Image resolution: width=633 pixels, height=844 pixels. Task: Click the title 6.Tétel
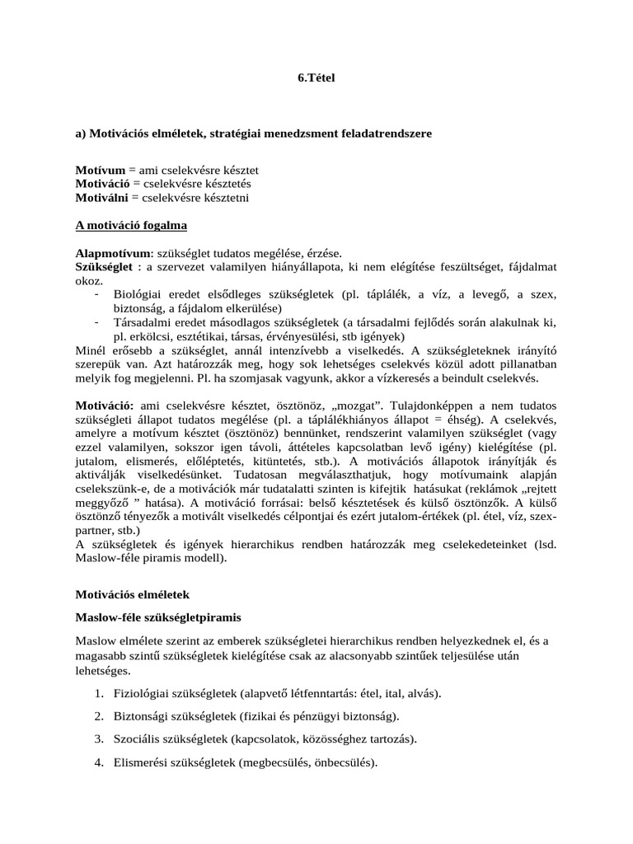pos(316,78)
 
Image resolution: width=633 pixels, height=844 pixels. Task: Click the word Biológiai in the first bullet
pos(136,294)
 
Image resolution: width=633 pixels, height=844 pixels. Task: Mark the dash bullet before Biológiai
pos(97,294)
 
